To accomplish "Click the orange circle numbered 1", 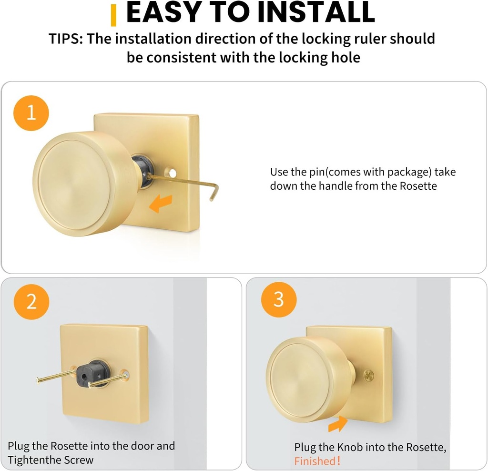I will coord(31,113).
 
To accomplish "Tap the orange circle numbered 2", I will coord(31,301).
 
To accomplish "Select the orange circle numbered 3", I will coord(279,300).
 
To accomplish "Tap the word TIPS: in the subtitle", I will coord(66,39).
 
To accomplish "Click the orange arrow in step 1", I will coord(160,204).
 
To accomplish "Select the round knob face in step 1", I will coord(80,183).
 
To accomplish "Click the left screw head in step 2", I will coord(39,380).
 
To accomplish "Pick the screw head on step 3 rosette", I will coord(368,375).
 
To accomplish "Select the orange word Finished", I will coord(315,461).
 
